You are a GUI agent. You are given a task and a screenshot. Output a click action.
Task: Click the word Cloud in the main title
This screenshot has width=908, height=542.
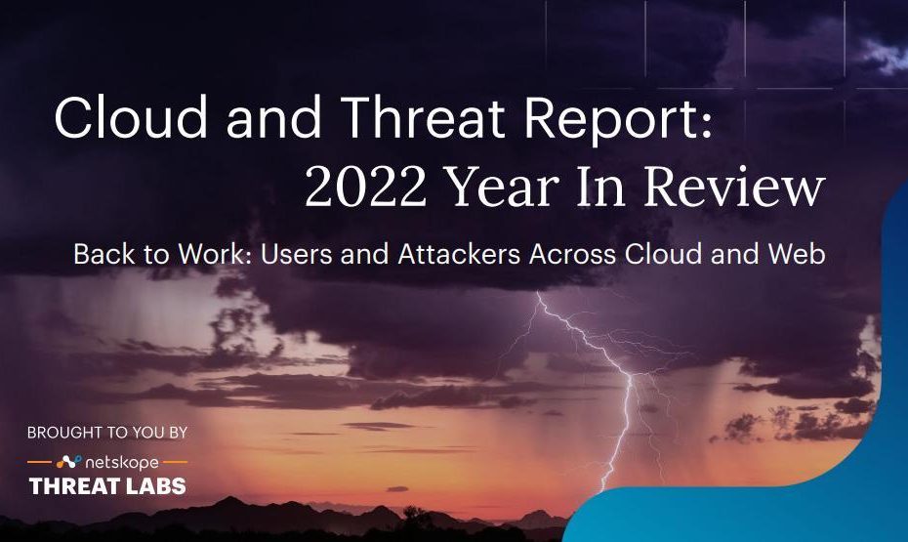point(131,116)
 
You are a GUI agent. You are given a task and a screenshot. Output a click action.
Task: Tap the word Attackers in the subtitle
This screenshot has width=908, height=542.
point(459,254)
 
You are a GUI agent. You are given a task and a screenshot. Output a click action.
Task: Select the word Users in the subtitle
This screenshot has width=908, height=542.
point(297,254)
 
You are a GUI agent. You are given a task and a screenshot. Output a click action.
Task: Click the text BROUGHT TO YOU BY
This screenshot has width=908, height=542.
point(107,433)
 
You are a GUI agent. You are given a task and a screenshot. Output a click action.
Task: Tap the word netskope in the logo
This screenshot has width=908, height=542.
point(122,463)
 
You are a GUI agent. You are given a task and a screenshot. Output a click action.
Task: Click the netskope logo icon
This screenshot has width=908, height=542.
point(69,462)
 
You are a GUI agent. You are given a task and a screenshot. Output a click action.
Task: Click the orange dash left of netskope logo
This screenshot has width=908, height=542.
point(39,462)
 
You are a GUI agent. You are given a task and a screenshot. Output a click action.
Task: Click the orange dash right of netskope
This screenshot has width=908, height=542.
point(176,462)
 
